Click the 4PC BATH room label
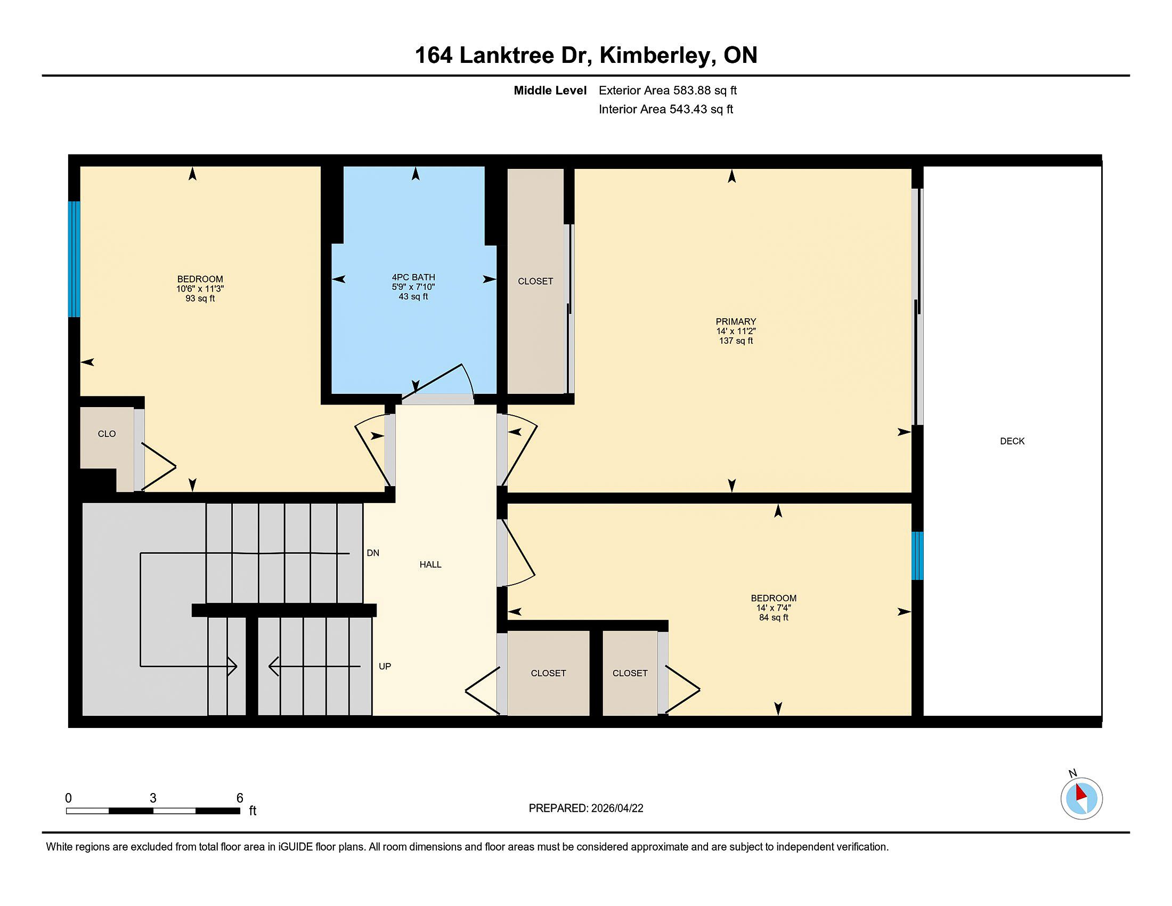pos(413,277)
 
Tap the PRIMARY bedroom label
pos(736,321)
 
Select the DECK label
pos(1012,441)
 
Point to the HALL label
pos(430,564)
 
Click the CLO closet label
pos(107,434)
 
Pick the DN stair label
pos(373,553)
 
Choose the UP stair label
pos(385,666)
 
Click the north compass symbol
pos(1081,799)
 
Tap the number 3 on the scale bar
pos(153,798)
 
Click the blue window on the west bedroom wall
pos(74,259)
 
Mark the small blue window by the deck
pos(918,555)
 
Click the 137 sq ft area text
pos(736,341)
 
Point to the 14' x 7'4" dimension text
pos(774,608)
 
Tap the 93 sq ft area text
pos(200,298)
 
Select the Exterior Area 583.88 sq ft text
pos(668,90)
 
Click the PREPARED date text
pos(586,808)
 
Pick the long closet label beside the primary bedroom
pos(535,281)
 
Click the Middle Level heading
pos(550,90)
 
